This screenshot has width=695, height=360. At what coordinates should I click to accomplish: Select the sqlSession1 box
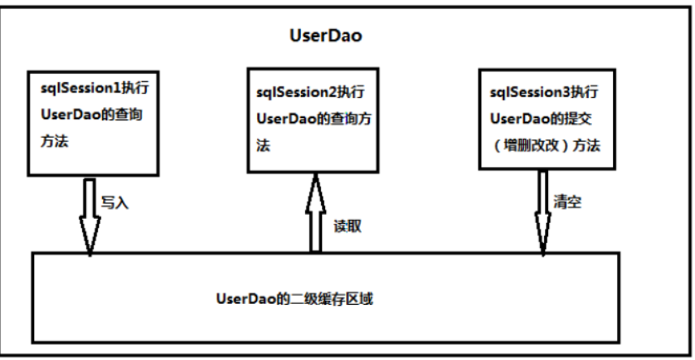(92, 121)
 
